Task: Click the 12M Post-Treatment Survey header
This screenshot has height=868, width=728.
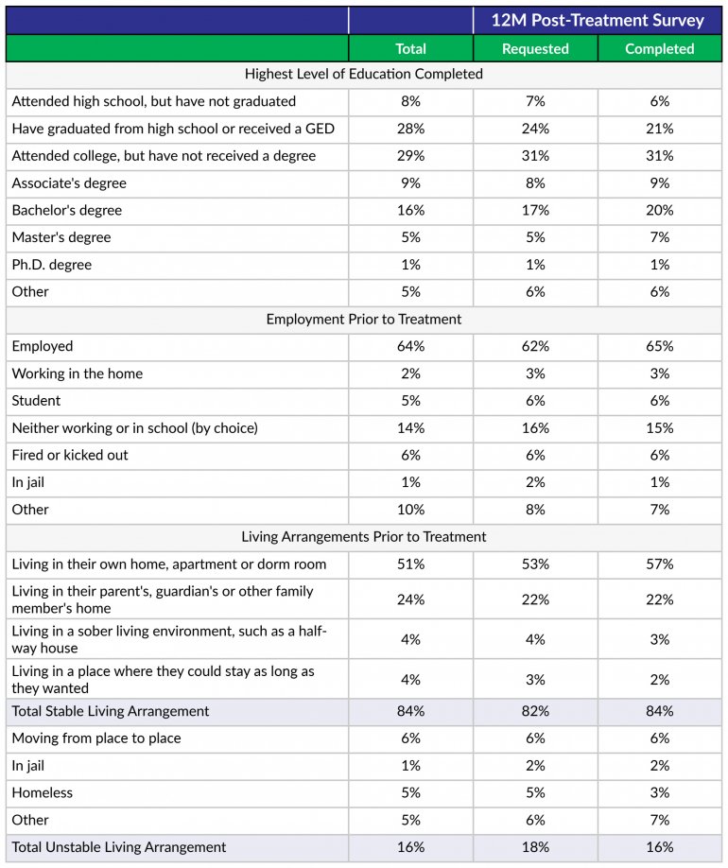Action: [x=598, y=20]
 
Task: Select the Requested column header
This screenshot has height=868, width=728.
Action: [x=535, y=48]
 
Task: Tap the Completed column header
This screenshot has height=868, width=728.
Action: [x=660, y=48]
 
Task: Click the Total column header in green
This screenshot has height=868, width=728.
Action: [x=410, y=48]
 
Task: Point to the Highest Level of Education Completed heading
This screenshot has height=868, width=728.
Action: [x=364, y=74]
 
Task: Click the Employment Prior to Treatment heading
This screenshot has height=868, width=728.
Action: [x=364, y=319]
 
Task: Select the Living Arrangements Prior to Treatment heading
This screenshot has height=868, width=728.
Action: [x=364, y=536]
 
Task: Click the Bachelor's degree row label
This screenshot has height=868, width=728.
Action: [x=67, y=210]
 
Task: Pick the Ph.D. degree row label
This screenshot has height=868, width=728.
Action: [x=52, y=265]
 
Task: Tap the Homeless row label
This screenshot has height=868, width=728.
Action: [x=43, y=792]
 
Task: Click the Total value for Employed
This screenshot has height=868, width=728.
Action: [x=410, y=346]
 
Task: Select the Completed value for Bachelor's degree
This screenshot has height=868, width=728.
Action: [x=660, y=210]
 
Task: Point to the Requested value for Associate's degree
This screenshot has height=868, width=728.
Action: [x=535, y=182]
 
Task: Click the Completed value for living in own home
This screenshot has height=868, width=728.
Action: [x=660, y=564]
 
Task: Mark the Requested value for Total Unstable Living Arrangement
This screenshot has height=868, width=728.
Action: [x=535, y=847]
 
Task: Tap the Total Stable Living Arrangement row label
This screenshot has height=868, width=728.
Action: [x=111, y=711]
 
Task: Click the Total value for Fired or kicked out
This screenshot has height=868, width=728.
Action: [x=410, y=455]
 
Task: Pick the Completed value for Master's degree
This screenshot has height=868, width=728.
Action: [x=660, y=237]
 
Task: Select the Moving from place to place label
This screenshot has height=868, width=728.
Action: [x=96, y=738]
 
